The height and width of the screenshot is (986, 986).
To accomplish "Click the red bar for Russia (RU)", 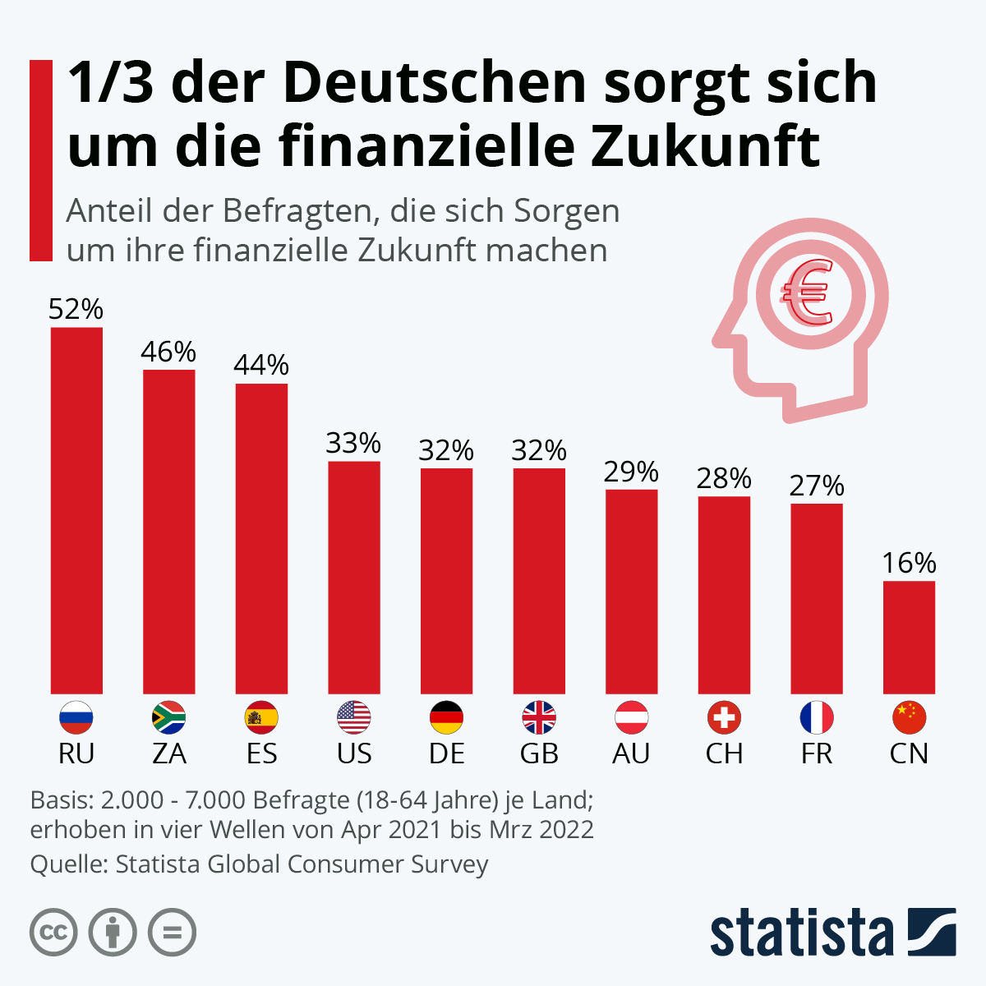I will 76,510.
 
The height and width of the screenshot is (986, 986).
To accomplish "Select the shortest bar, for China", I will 909,637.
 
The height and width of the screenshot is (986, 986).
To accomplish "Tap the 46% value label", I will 168,352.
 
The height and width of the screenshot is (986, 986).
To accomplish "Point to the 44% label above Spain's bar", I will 261,365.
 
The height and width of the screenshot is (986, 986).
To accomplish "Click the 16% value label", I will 909,563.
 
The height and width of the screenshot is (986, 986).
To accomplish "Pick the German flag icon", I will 446,718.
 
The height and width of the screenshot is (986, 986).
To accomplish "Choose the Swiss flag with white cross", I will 724,718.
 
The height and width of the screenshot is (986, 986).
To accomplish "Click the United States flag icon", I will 354,718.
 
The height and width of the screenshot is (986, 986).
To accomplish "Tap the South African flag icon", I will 168,718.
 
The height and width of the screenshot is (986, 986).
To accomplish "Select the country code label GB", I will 539,753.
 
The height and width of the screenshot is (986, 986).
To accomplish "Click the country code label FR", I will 817,753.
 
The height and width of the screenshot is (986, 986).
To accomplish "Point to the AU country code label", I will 631,753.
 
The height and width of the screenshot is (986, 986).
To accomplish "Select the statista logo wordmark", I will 801,933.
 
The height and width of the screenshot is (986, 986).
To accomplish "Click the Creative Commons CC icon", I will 53,933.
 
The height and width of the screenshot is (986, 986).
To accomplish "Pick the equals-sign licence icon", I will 172,933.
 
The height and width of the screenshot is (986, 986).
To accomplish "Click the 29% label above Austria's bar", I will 631,472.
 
